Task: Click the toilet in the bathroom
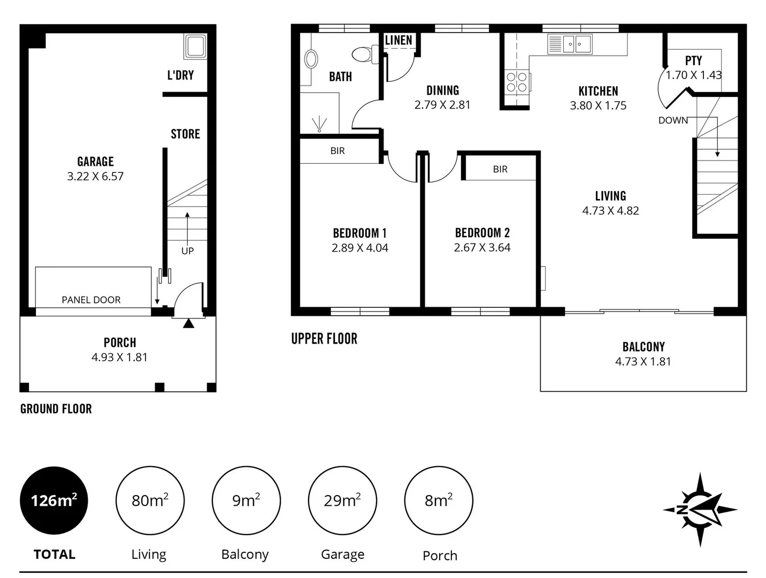pyautogui.click(x=364, y=55)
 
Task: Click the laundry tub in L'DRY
pyautogui.click(x=195, y=46)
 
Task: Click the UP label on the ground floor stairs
pyautogui.click(x=187, y=250)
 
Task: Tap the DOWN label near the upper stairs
pyautogui.click(x=673, y=120)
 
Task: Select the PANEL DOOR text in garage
pyautogui.click(x=91, y=300)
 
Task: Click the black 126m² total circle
pyautogui.click(x=53, y=500)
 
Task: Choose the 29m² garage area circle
pyautogui.click(x=342, y=500)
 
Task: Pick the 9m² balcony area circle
pyautogui.click(x=246, y=500)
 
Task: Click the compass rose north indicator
pyautogui.click(x=700, y=509)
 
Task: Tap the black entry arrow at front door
pyautogui.click(x=188, y=323)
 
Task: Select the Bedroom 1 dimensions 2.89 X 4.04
pyautogui.click(x=359, y=248)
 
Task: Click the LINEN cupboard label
pyautogui.click(x=399, y=40)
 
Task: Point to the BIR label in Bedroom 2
pyautogui.click(x=500, y=169)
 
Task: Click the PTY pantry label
pyautogui.click(x=693, y=60)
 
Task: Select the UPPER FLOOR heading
pyautogui.click(x=324, y=338)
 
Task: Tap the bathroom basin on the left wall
pyautogui.click(x=310, y=59)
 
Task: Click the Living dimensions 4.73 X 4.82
pyautogui.click(x=610, y=210)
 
